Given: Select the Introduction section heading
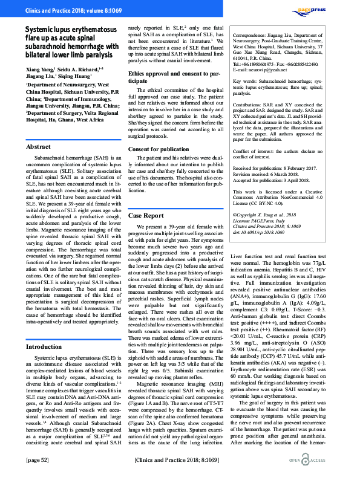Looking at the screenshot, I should pyautogui.click(x=45, y=347).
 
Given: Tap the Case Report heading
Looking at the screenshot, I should pyautogui.click(x=146, y=215).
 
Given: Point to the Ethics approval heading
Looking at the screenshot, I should pyautogui.click(x=166, y=76).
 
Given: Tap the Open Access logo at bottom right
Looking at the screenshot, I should pyautogui.click(x=331, y=461).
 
